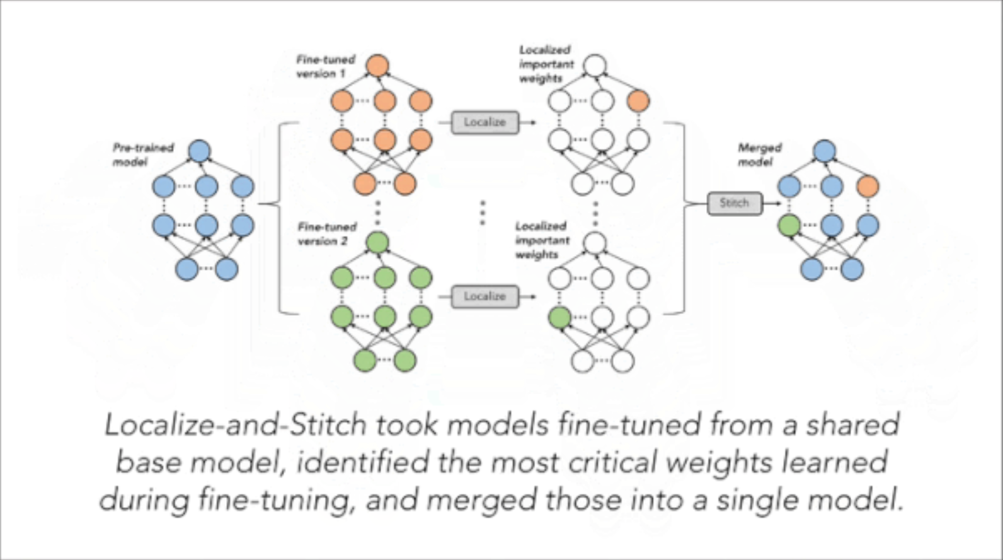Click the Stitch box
pyautogui.click(x=734, y=203)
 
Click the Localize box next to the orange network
pyautogui.click(x=484, y=122)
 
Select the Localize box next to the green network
pyautogui.click(x=484, y=296)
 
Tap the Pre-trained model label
pyautogui.click(x=143, y=155)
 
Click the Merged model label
pyautogui.click(x=759, y=155)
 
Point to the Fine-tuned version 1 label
pyautogui.click(x=325, y=66)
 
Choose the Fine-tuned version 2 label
pyautogui.click(x=326, y=233)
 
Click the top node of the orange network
pyautogui.click(x=377, y=66)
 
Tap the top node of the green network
pyautogui.click(x=377, y=242)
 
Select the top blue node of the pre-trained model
pyautogui.click(x=199, y=151)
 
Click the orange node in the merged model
pyautogui.click(x=868, y=186)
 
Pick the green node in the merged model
pyautogui.click(x=789, y=225)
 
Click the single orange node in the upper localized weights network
pyautogui.click(x=638, y=101)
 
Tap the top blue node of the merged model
pyautogui.click(x=824, y=151)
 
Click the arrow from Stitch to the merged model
pyautogui.click(x=772, y=203)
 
